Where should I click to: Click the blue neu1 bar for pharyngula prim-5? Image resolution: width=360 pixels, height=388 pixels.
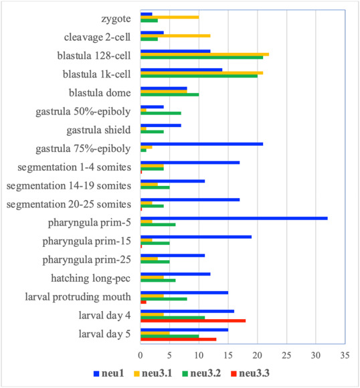pyautogui.click(x=234, y=218)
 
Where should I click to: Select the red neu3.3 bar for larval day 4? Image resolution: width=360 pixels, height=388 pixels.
pyautogui.click(x=193, y=320)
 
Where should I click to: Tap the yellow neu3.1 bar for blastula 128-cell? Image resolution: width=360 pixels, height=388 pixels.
pyautogui.click(x=205, y=54)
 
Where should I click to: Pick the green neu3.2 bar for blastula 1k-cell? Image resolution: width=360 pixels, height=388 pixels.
pyautogui.click(x=199, y=76)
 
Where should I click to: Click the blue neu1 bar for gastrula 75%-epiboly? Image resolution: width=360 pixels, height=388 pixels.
pyautogui.click(x=201, y=144)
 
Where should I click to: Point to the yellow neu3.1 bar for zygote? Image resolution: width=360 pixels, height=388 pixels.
pyautogui.click(x=169, y=17)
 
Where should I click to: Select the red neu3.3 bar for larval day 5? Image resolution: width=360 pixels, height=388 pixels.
pyautogui.click(x=178, y=339)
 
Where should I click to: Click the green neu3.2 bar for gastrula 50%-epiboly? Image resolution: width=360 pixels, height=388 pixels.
pyautogui.click(x=161, y=113)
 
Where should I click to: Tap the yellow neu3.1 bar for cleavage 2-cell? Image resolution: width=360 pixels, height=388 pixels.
pyautogui.click(x=175, y=36)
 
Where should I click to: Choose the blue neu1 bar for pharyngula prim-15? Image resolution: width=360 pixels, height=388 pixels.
pyautogui.click(x=196, y=237)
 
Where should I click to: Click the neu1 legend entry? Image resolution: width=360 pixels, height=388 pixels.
pyautogui.click(x=108, y=373)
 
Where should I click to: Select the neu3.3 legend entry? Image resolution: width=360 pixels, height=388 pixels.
pyautogui.click(x=250, y=373)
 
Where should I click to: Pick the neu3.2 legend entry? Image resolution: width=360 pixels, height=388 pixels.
pyautogui.click(x=201, y=373)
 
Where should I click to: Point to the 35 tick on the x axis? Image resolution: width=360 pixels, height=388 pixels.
pyautogui.click(x=345, y=356)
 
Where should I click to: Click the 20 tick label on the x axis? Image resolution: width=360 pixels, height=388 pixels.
pyautogui.click(x=257, y=356)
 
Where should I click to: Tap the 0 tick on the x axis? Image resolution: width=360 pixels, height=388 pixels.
pyautogui.click(x=141, y=356)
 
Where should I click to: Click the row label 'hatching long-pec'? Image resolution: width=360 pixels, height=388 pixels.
pyautogui.click(x=90, y=278)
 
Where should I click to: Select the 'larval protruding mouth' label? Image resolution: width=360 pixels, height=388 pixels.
pyautogui.click(x=78, y=297)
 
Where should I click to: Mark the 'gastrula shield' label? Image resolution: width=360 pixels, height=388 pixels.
pyautogui.click(x=98, y=130)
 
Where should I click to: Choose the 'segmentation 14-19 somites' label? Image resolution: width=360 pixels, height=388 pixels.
pyautogui.click(x=69, y=185)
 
